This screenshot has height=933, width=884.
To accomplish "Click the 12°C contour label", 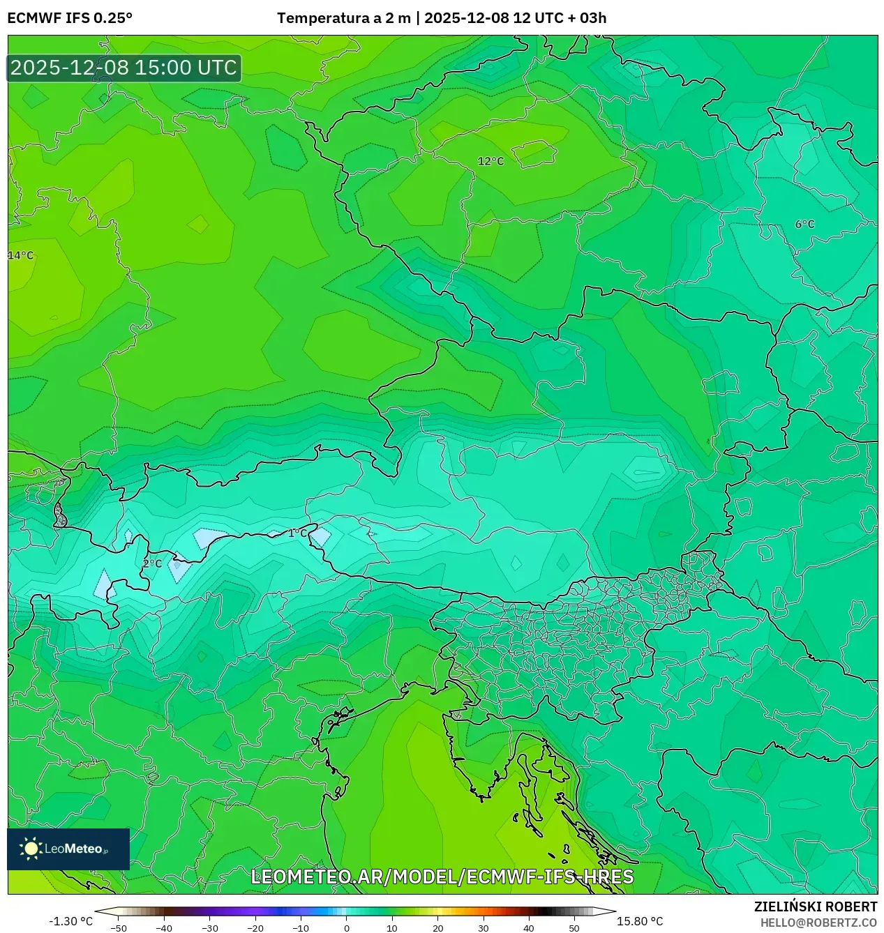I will click(x=490, y=161).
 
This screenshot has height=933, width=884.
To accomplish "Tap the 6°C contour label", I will click(x=804, y=224).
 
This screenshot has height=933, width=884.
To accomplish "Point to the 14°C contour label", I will click(x=21, y=255).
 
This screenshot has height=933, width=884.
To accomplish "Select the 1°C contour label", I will click(x=298, y=533).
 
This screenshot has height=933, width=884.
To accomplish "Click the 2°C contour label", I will click(x=152, y=563).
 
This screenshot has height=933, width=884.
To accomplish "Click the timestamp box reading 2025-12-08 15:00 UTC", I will click(x=124, y=68).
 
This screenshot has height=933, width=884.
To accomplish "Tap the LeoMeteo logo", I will click(x=68, y=849).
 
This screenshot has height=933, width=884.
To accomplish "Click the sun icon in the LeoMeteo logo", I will click(x=31, y=848).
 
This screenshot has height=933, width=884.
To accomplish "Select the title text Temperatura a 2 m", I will click(x=344, y=18).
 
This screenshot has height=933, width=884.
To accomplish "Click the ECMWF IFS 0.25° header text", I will click(x=70, y=18).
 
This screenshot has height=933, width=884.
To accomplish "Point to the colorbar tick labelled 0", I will click(x=347, y=927).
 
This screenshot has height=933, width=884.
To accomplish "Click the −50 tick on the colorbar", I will click(x=119, y=927).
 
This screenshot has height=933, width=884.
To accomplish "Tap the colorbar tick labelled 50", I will click(x=574, y=927).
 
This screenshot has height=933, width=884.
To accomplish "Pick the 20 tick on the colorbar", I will click(x=437, y=927).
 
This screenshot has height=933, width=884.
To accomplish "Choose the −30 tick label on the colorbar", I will click(x=210, y=927).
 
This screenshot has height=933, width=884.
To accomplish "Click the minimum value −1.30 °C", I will click(x=70, y=921).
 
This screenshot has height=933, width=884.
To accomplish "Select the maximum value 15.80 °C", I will click(x=640, y=921).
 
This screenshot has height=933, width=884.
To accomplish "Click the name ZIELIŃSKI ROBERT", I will click(x=816, y=907).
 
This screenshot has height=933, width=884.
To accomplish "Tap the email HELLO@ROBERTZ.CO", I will click(x=818, y=923).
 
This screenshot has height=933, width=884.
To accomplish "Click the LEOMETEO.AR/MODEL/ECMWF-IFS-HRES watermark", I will click(x=442, y=877).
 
